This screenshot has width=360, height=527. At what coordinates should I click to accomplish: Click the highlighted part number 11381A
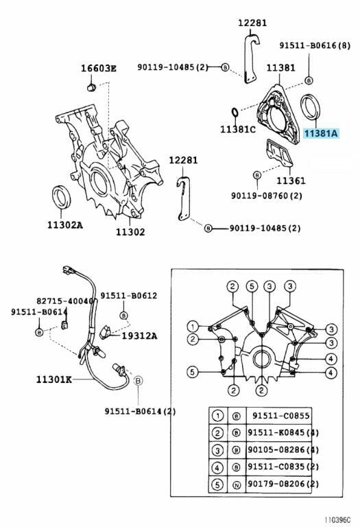coord(321,133)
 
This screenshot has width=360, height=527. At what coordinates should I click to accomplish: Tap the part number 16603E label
coord(98,68)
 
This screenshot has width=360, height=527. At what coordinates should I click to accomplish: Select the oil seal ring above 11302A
coord(62,197)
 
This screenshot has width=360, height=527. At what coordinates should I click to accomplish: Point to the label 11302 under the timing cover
coord(130,232)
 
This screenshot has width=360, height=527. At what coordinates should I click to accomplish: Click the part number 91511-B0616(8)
coord(315,45)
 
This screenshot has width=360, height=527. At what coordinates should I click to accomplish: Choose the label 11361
coord(291,181)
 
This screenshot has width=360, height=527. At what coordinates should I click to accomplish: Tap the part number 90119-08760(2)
coord(266,196)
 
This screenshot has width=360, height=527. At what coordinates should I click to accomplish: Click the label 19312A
coord(139,336)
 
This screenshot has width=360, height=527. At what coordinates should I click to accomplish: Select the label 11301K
coord(54,379)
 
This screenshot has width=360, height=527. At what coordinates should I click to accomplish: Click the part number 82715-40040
coord(64,301)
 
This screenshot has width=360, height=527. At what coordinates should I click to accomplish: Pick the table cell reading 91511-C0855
coord(280,416)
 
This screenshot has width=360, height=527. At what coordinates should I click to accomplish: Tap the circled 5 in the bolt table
coord(217,484)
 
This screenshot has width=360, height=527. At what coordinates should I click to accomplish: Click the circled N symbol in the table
coord(237,484)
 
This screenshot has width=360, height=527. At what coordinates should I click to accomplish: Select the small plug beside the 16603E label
coord(91,88)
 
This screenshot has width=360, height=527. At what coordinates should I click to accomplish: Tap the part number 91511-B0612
coord(129,296)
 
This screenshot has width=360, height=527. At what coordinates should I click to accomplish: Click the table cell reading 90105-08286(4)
coord(283,449)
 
